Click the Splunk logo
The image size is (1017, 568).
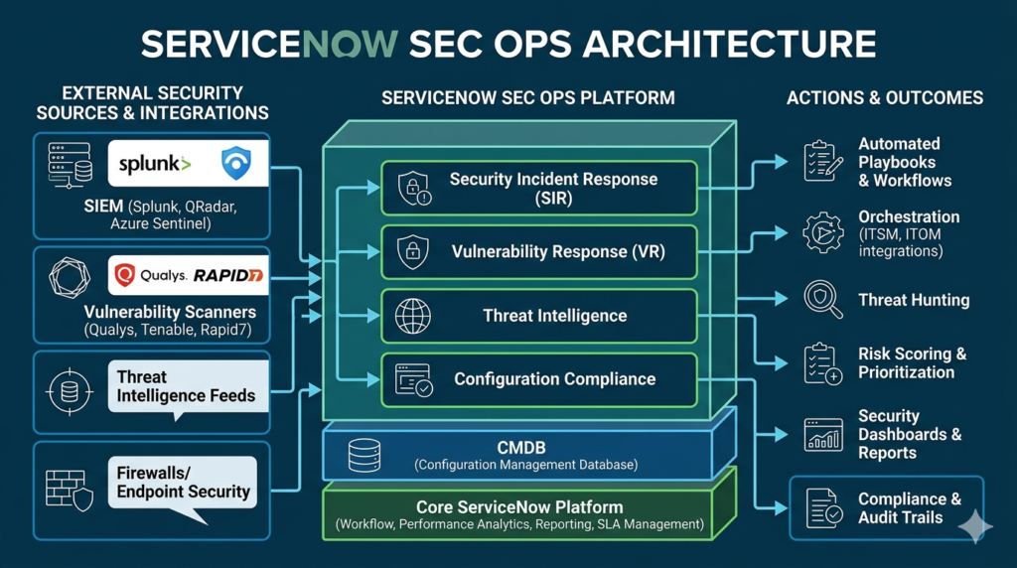tap(155, 164)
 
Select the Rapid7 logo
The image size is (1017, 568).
tap(228, 275)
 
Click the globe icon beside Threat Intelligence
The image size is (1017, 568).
tap(412, 316)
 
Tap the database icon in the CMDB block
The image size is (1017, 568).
tap(363, 455)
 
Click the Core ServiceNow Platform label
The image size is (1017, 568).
tap(519, 506)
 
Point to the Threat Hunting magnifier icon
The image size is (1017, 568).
tap(822, 299)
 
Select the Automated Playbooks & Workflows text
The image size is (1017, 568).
tap(904, 162)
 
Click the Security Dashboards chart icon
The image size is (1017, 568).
tap(822, 435)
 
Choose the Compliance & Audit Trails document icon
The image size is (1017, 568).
tap(823, 507)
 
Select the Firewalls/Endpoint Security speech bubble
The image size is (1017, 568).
tap(183, 484)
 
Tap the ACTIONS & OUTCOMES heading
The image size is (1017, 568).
tap(885, 97)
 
